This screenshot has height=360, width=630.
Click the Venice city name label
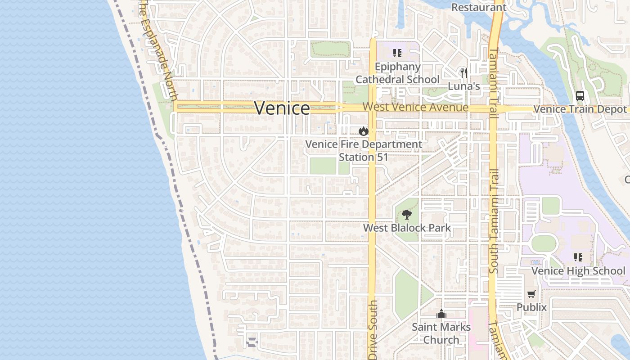pos(282,108)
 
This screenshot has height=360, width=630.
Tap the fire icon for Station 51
pos(364,131)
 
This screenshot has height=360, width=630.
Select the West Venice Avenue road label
pos(415,108)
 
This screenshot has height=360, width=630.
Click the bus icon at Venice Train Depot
pos(580,96)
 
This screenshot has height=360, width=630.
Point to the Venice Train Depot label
pos(580,109)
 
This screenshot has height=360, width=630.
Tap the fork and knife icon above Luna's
pos(463,72)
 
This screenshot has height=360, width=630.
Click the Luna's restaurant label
pos(464,86)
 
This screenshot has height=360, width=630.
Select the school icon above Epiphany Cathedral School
pos(397,54)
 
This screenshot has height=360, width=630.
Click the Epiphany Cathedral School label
pos(397,73)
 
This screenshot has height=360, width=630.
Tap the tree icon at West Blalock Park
pos(407,214)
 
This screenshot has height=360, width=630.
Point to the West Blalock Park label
pos(407,228)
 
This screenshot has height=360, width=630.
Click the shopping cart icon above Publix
pos(531,294)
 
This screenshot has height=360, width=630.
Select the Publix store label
pos(531,307)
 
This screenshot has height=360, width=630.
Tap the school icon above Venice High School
pos(578,257)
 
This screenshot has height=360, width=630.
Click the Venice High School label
pos(578,270)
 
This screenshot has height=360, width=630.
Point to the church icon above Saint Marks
pos(441,314)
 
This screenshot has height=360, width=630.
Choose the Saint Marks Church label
pos(441,333)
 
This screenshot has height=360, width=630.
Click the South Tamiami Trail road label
pos(494,220)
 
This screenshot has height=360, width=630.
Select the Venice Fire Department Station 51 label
pos(364,151)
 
